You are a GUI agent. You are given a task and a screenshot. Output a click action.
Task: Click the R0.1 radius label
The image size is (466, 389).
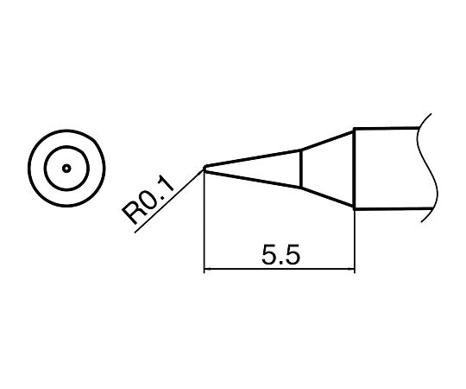click(x=149, y=201)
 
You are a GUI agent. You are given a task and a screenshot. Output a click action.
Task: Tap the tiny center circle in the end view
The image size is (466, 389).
click(x=66, y=169)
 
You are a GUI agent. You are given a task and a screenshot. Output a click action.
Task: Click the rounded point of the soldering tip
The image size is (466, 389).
click(x=205, y=169)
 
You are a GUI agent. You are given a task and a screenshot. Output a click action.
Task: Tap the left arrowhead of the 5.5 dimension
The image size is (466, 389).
click(x=207, y=271)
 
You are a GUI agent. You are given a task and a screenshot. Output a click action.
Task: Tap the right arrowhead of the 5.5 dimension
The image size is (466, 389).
click(x=351, y=271)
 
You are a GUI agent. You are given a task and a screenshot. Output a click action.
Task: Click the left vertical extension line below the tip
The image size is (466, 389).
click(x=204, y=225)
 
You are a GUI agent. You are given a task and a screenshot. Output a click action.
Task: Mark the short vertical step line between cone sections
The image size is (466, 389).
click(x=300, y=169)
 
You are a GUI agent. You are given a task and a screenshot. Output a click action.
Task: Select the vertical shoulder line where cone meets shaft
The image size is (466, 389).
click(x=355, y=169)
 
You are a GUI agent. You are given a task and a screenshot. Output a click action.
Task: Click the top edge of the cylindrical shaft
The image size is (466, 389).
click(x=388, y=130)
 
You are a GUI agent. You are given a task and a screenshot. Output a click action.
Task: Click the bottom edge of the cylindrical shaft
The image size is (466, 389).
click(x=388, y=209)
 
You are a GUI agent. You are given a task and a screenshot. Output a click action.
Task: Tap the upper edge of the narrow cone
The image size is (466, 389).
click(x=255, y=158)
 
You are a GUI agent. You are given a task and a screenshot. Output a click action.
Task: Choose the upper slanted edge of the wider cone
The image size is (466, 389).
click(x=328, y=139)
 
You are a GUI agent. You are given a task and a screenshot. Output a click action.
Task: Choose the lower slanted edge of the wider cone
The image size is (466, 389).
click(x=328, y=198)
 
